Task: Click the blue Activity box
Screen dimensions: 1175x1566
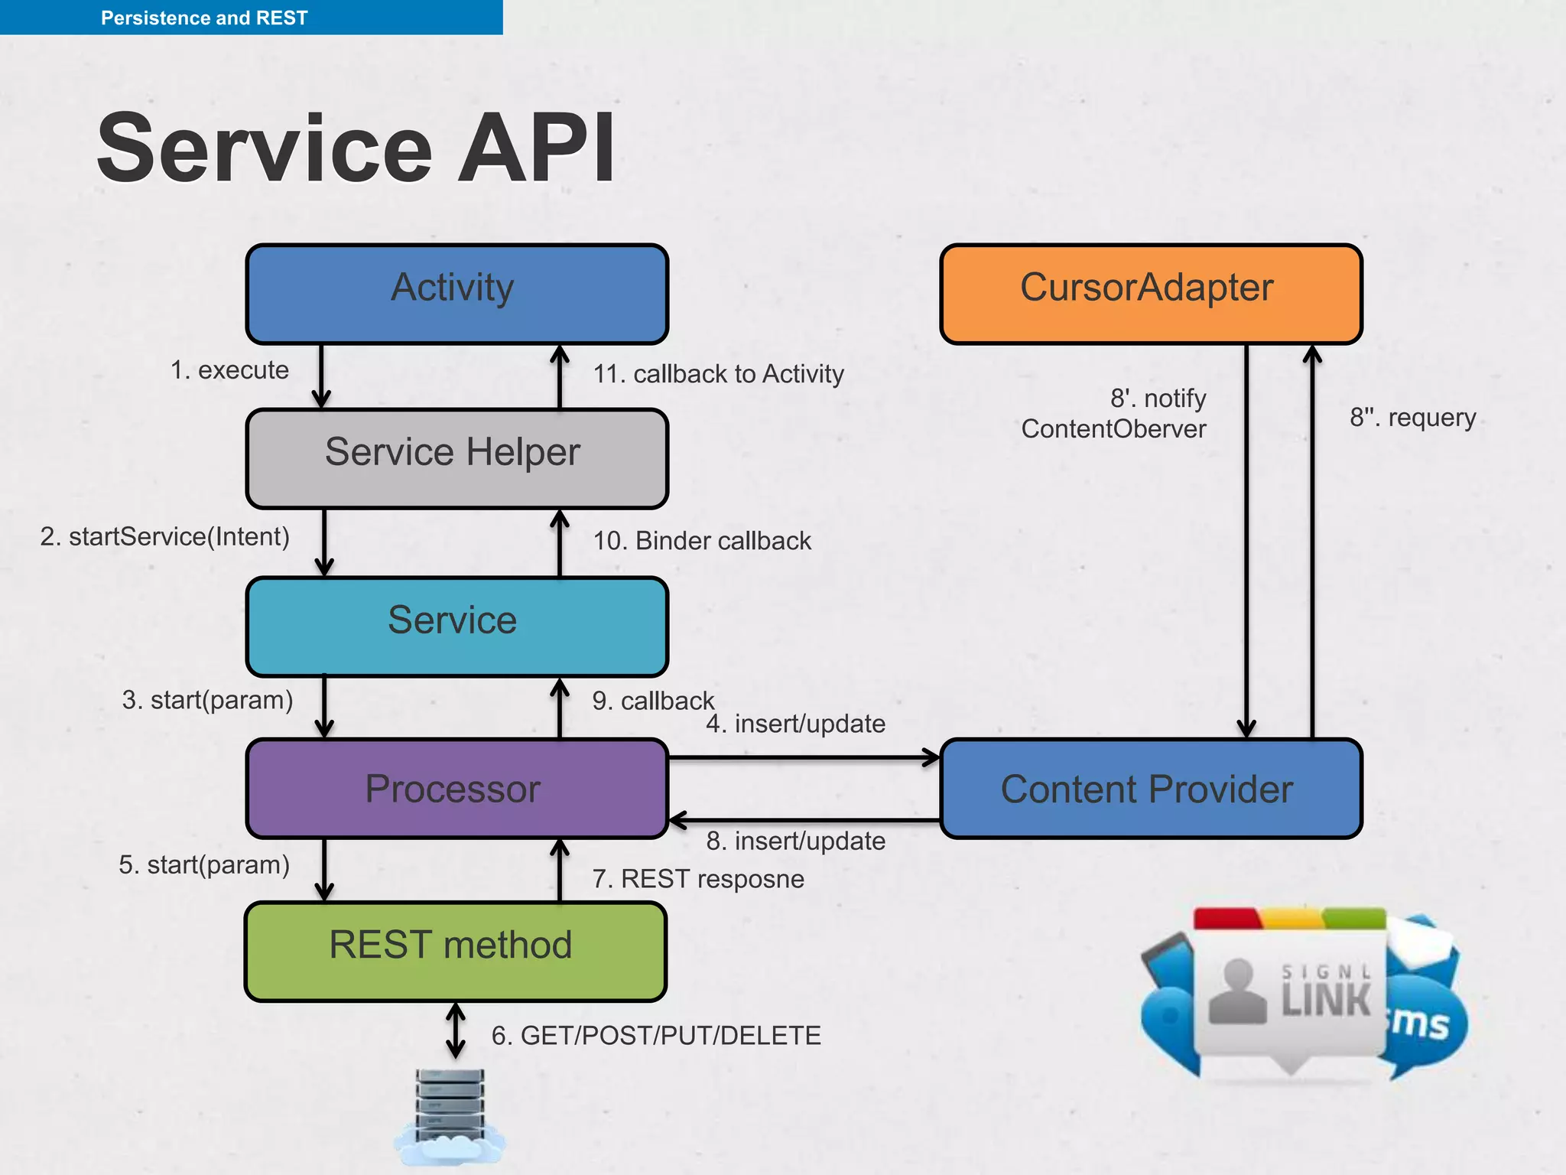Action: (x=456, y=294)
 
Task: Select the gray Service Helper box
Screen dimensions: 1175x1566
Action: (x=456, y=458)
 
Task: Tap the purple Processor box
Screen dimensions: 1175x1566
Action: (x=456, y=788)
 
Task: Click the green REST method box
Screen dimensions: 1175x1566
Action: (x=455, y=951)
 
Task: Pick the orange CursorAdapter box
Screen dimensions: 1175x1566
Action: (x=1150, y=294)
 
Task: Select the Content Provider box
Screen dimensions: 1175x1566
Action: (x=1150, y=788)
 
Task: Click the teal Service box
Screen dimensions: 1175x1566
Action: (x=456, y=626)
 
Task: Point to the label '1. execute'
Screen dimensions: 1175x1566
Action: (x=229, y=370)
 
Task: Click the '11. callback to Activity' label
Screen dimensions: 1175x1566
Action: (x=718, y=374)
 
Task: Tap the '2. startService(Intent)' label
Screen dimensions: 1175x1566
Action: (x=165, y=536)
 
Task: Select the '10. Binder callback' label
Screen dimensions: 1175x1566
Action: (x=702, y=541)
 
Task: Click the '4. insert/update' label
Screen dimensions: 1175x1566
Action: (x=795, y=724)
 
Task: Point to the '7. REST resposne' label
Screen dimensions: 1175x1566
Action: (x=698, y=879)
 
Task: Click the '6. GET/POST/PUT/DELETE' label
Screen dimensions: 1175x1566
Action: (x=656, y=1036)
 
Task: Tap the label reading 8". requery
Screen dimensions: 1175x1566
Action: (x=1412, y=418)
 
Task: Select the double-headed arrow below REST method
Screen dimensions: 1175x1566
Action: (x=456, y=1030)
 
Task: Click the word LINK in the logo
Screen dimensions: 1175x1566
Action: (x=1327, y=1000)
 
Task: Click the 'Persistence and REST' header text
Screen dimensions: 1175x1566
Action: (x=204, y=18)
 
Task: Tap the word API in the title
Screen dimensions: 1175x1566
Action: (x=535, y=148)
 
